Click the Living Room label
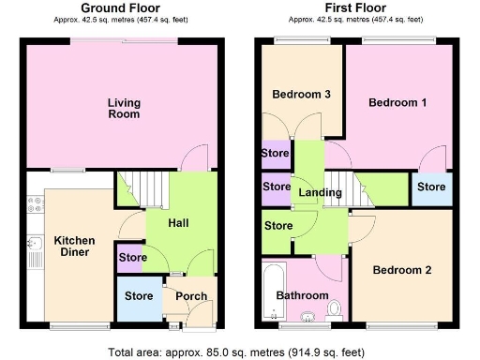pos(123,108)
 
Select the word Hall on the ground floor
pos(178,223)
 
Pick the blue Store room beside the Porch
pos(139,297)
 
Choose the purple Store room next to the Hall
pos(130,257)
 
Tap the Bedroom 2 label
pos(401,270)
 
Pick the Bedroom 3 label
pos(301,95)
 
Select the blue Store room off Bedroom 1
pos(430,187)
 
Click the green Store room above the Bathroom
pos(277,226)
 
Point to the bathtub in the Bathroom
pos(271,288)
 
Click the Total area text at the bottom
pos(240,352)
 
